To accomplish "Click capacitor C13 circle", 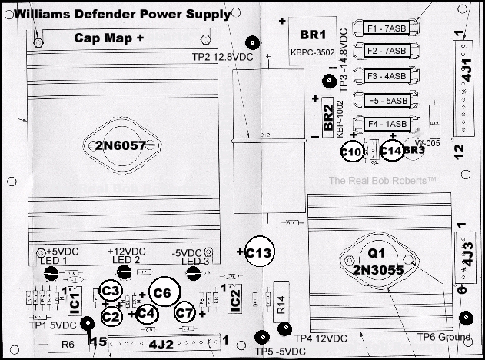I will [261, 252].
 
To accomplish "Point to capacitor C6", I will [162, 292].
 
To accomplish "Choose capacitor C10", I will [351, 152].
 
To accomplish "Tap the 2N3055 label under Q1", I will [376, 271].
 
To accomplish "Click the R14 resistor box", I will [282, 305].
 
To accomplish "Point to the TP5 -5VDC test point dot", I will [262, 337].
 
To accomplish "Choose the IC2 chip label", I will [235, 296].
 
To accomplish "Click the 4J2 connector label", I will [161, 345].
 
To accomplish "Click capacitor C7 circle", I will [184, 312].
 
